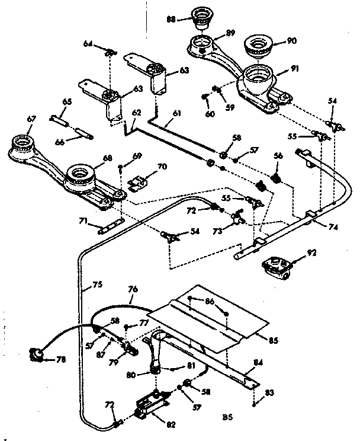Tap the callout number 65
pos(67,103)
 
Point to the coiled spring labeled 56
pos(275,177)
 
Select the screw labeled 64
pos(108,53)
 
